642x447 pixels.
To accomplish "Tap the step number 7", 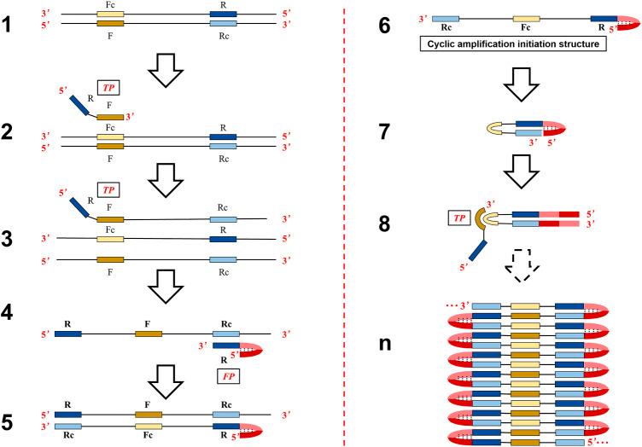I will [386, 130].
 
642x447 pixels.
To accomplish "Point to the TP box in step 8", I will [435, 218].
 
